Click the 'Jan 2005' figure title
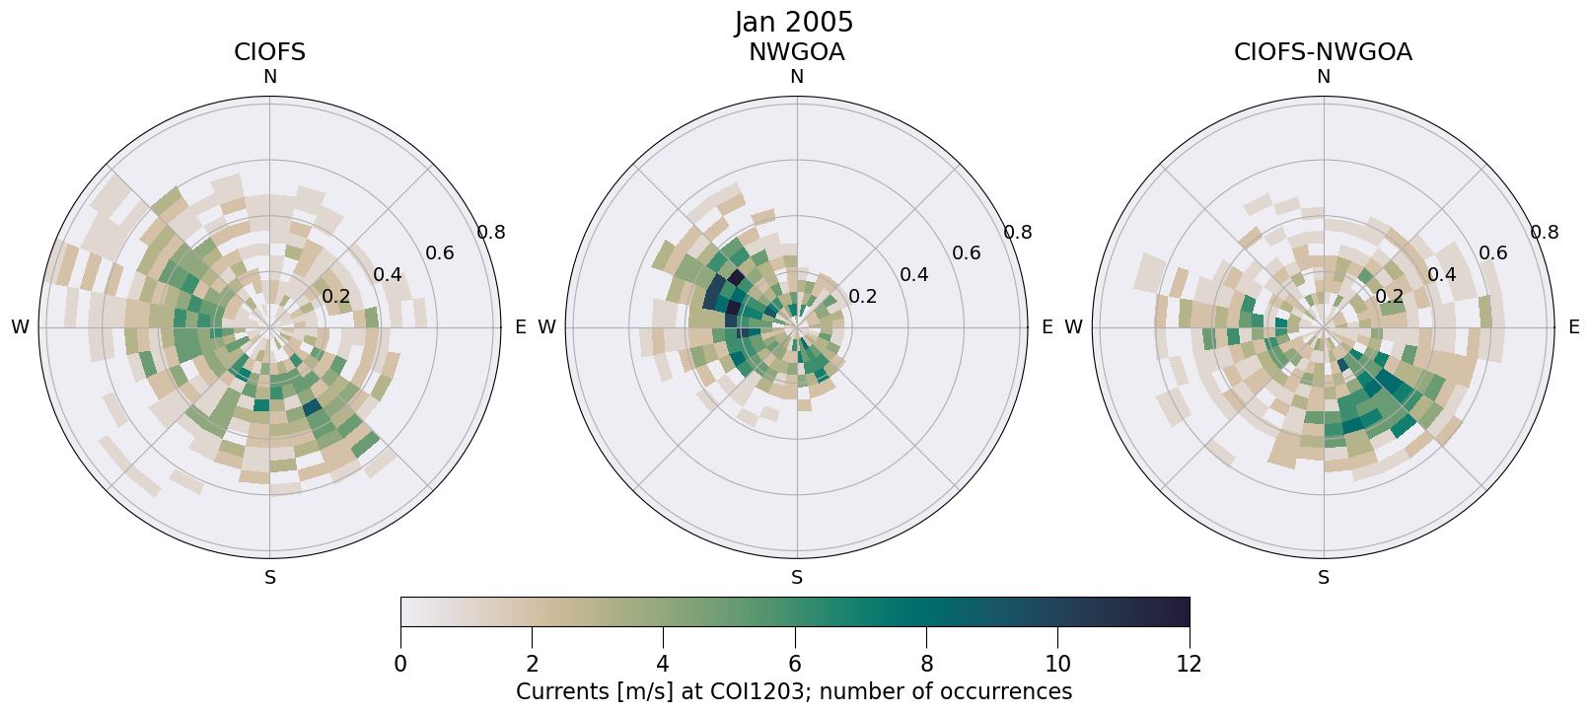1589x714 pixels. pyautogui.click(x=794, y=22)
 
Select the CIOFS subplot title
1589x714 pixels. pyautogui.click(x=269, y=52)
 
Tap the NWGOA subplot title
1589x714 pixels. pyautogui.click(x=796, y=52)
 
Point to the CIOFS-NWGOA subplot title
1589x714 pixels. pyautogui.click(x=1323, y=52)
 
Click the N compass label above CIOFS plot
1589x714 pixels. pyautogui.click(x=270, y=77)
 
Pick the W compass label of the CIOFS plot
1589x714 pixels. pyautogui.click(x=20, y=327)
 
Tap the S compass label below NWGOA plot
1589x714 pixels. pyautogui.click(x=797, y=578)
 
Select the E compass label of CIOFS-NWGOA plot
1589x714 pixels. pyautogui.click(x=1573, y=327)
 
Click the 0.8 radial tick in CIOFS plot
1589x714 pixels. pyautogui.click(x=491, y=233)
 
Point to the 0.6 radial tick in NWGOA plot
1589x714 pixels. pyautogui.click(x=966, y=253)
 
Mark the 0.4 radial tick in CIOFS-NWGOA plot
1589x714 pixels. pyautogui.click(x=1441, y=274)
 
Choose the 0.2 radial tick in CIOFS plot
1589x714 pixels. pyautogui.click(x=336, y=297)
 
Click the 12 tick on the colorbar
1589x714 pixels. pyautogui.click(x=1189, y=664)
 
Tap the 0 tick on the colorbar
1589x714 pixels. pyautogui.click(x=400, y=664)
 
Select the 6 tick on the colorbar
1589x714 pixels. pyautogui.click(x=795, y=664)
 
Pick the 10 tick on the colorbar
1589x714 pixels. pyautogui.click(x=1057, y=664)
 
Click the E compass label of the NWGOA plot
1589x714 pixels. pyautogui.click(x=1047, y=327)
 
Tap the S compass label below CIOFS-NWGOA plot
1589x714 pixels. pyautogui.click(x=1324, y=578)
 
